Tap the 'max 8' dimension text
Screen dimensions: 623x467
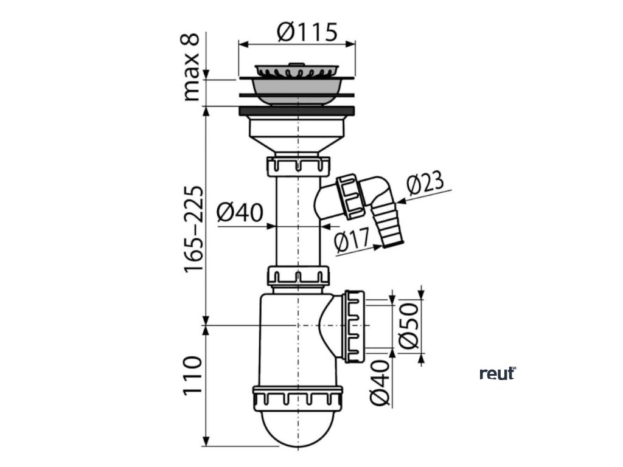tap(192, 67)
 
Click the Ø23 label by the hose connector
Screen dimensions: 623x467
tap(423, 183)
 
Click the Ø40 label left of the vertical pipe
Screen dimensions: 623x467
tap(240, 212)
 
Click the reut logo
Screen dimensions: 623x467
tap(497, 373)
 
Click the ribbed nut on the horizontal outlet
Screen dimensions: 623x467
tap(354, 326)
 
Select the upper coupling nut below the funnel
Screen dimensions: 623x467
tap(298, 165)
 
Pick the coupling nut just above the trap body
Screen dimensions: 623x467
tap(298, 275)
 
